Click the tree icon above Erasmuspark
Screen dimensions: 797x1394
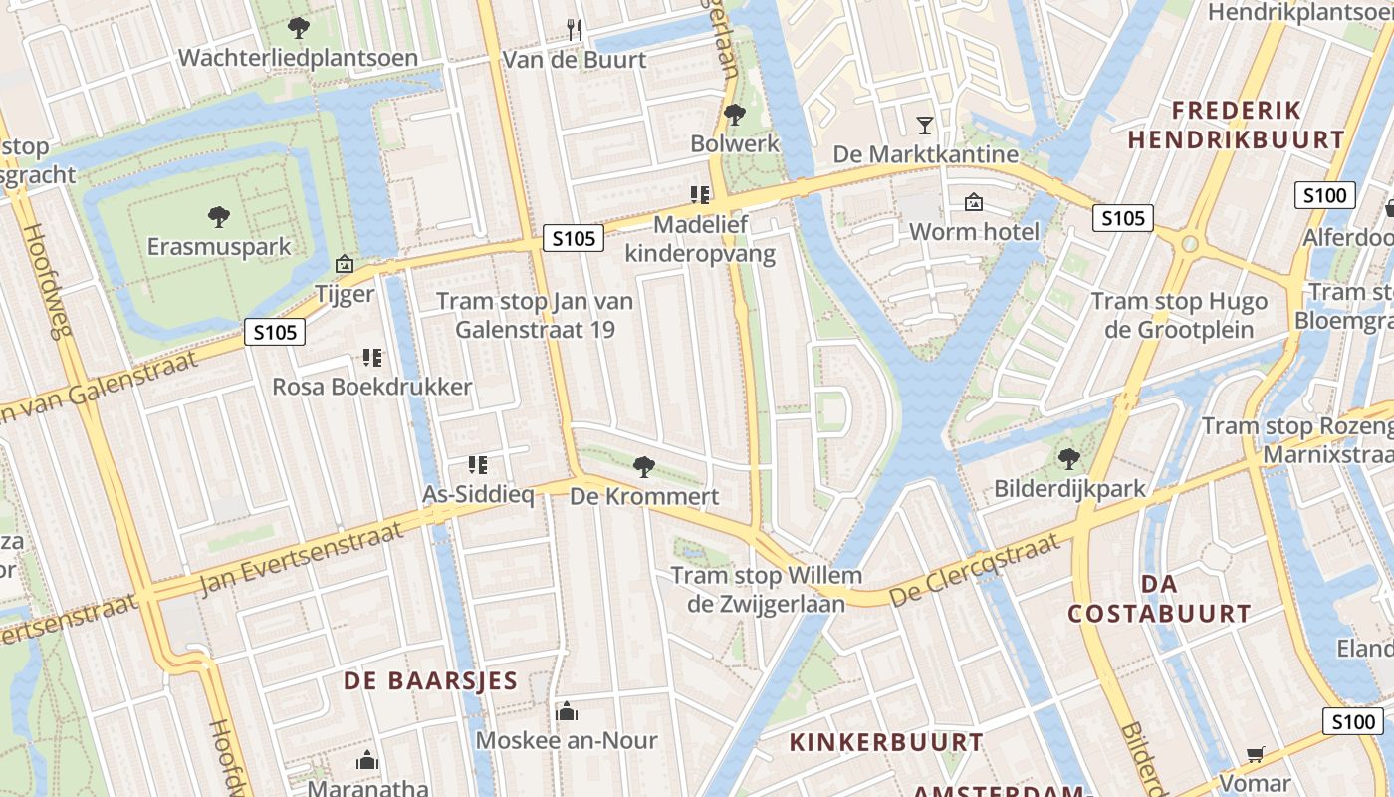point(218,216)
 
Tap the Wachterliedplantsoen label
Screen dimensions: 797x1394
point(298,58)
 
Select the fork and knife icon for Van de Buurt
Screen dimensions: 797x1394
point(574,28)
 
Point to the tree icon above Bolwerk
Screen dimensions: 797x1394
point(735,115)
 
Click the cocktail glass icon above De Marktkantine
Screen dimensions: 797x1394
point(925,125)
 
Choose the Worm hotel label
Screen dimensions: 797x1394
point(974,232)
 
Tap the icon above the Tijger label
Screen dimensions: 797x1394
point(345,264)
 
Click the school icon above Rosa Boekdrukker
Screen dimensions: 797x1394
point(372,357)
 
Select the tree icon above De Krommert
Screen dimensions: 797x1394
point(644,465)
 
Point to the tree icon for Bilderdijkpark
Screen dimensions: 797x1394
point(1069,459)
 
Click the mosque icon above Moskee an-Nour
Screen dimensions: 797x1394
point(567,711)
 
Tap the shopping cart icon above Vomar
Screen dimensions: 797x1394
point(1255,754)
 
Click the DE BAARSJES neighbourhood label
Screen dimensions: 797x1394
point(430,681)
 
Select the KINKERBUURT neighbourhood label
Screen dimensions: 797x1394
point(886,742)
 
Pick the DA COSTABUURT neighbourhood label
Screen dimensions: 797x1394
point(1159,598)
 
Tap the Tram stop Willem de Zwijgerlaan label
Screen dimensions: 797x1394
point(766,589)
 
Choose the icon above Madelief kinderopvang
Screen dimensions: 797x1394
point(699,195)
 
